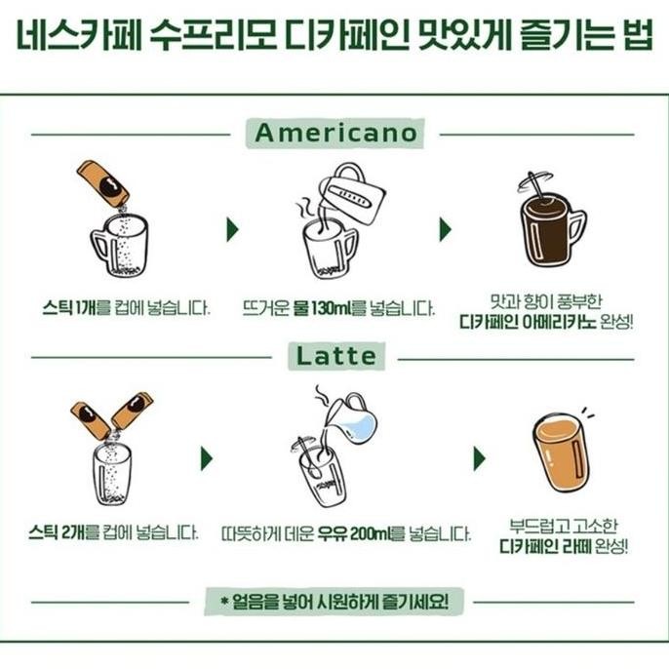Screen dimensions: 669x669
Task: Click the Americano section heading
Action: (x=334, y=134)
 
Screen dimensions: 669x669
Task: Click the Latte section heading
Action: (x=334, y=357)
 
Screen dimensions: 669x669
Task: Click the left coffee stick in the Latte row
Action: (x=91, y=419)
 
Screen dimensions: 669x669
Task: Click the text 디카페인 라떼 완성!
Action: (x=563, y=543)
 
